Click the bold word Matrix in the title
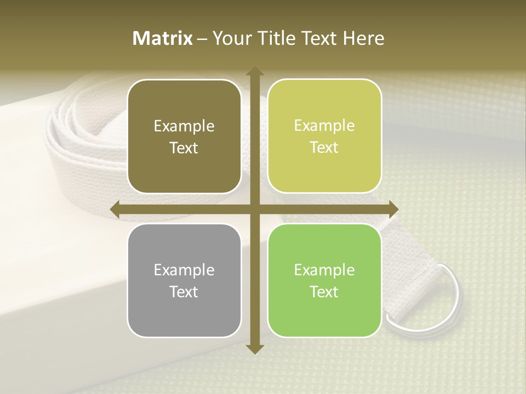tap(163, 38)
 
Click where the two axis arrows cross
tap(254, 209)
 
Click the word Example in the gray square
tap(184, 270)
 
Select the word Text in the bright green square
tap(324, 292)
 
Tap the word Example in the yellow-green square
tap(324, 126)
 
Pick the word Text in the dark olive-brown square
tap(184, 148)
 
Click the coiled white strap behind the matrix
tap(82, 137)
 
